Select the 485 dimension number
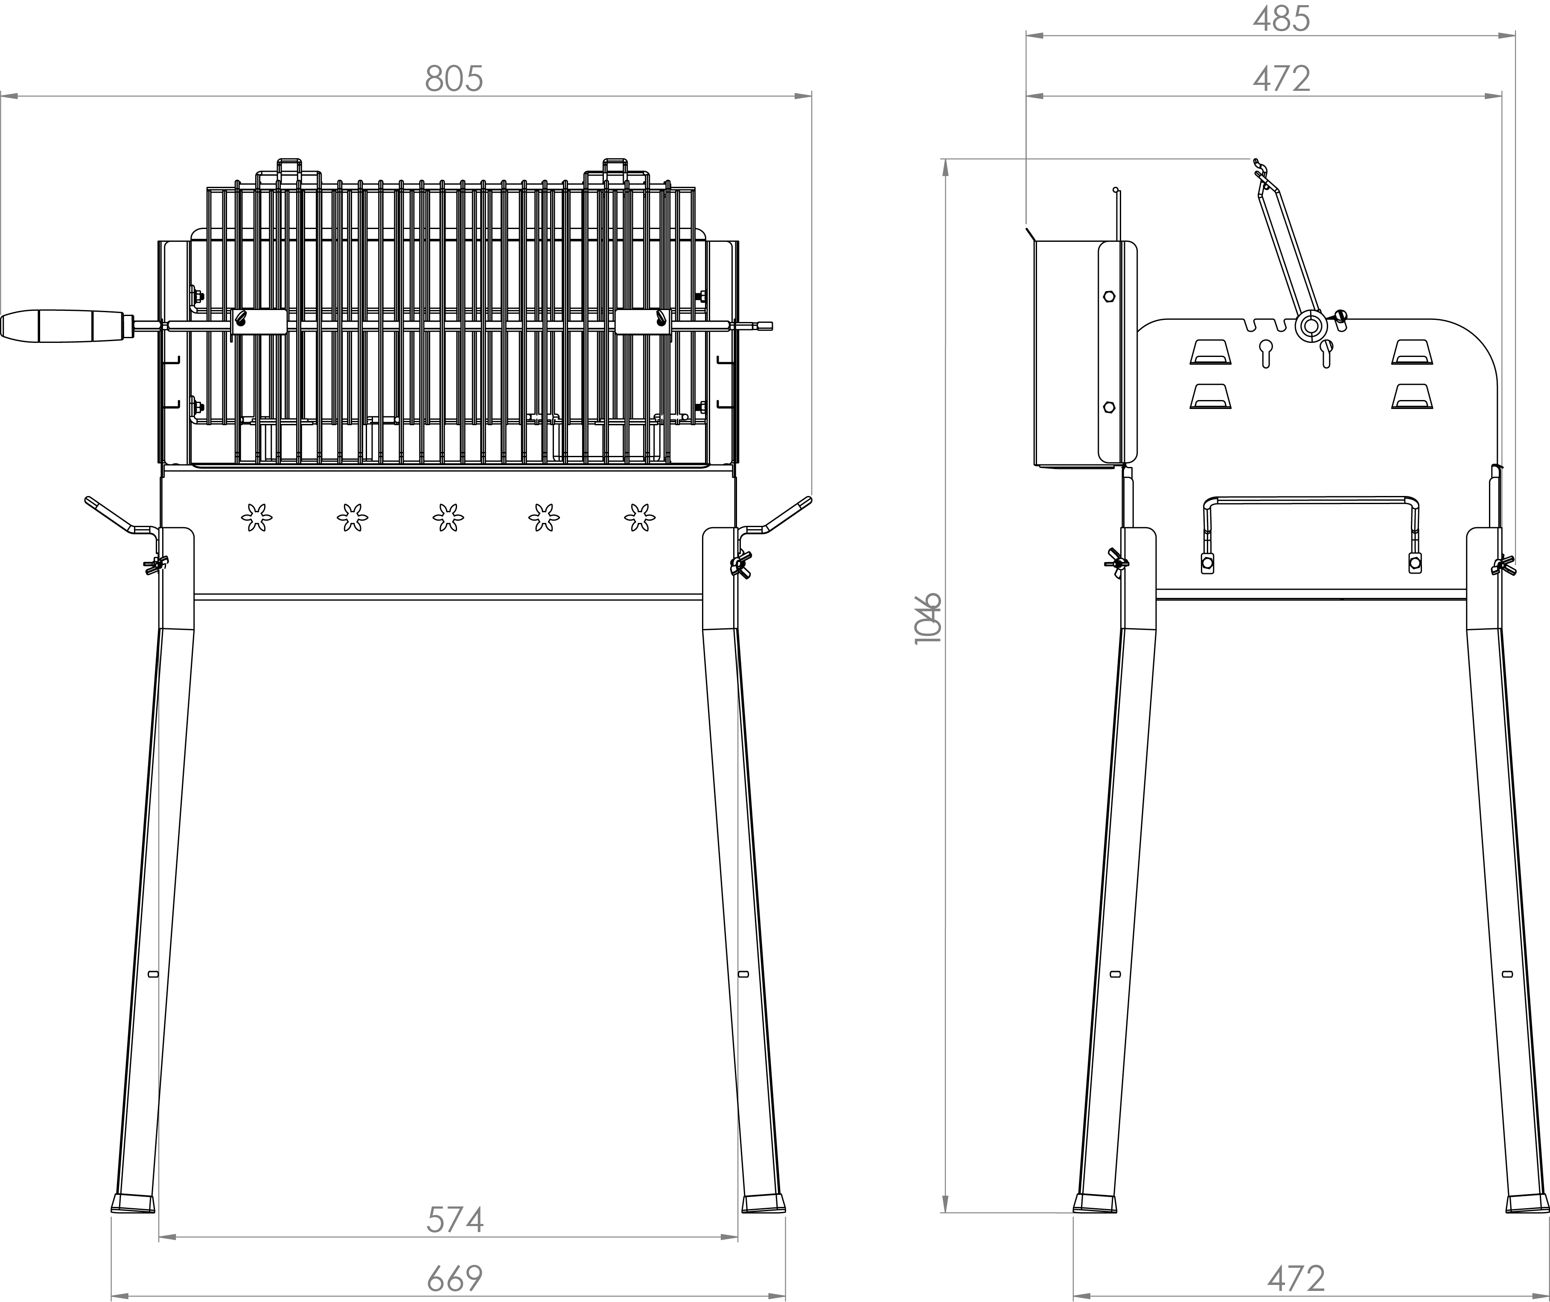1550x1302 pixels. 1281,19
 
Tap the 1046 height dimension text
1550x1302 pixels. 928,618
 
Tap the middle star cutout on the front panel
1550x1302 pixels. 448,517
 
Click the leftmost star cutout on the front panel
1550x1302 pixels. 256,517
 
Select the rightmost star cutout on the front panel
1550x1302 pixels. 639,517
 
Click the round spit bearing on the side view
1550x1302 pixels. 1311,325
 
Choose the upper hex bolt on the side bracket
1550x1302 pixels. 1108,297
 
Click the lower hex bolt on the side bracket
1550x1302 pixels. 1108,407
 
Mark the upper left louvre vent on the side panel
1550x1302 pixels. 1210,353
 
